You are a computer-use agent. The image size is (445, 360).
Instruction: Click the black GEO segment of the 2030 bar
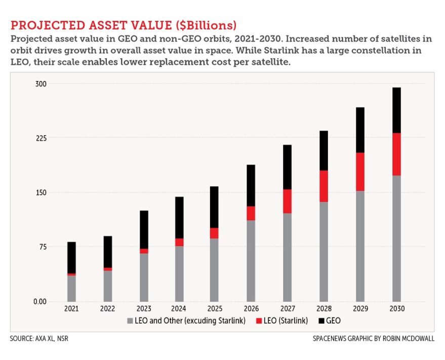point(396,110)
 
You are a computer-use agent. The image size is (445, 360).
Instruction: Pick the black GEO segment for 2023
point(144,229)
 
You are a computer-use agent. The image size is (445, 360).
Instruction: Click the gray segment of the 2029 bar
point(360,246)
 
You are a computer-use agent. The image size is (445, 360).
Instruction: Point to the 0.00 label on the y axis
point(39,301)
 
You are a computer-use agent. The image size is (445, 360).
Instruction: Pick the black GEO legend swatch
point(321,321)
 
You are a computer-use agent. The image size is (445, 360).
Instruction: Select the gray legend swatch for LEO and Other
point(130,321)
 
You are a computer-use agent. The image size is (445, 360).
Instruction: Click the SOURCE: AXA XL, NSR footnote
point(38,338)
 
